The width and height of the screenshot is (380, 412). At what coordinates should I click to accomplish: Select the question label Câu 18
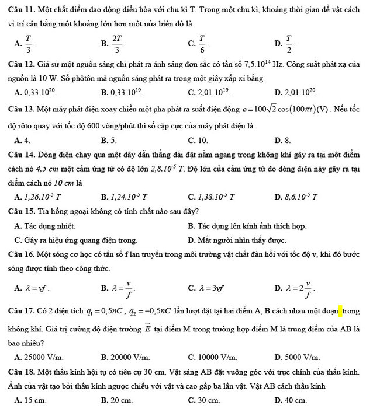pos(20,371)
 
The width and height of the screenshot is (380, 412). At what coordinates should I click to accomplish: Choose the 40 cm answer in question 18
pos(293,400)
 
